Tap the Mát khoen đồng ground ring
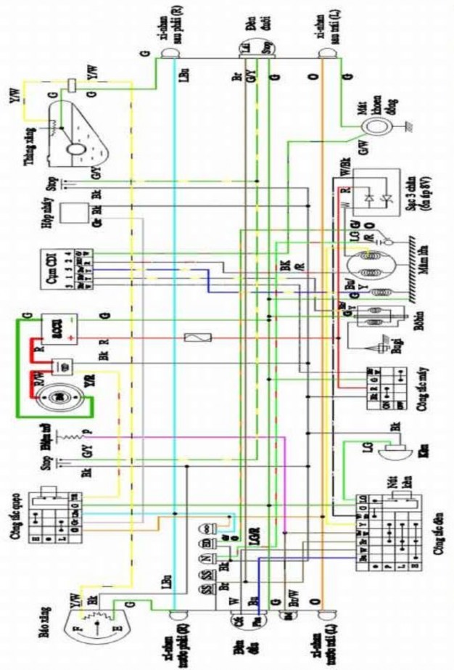(x=376, y=127)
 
